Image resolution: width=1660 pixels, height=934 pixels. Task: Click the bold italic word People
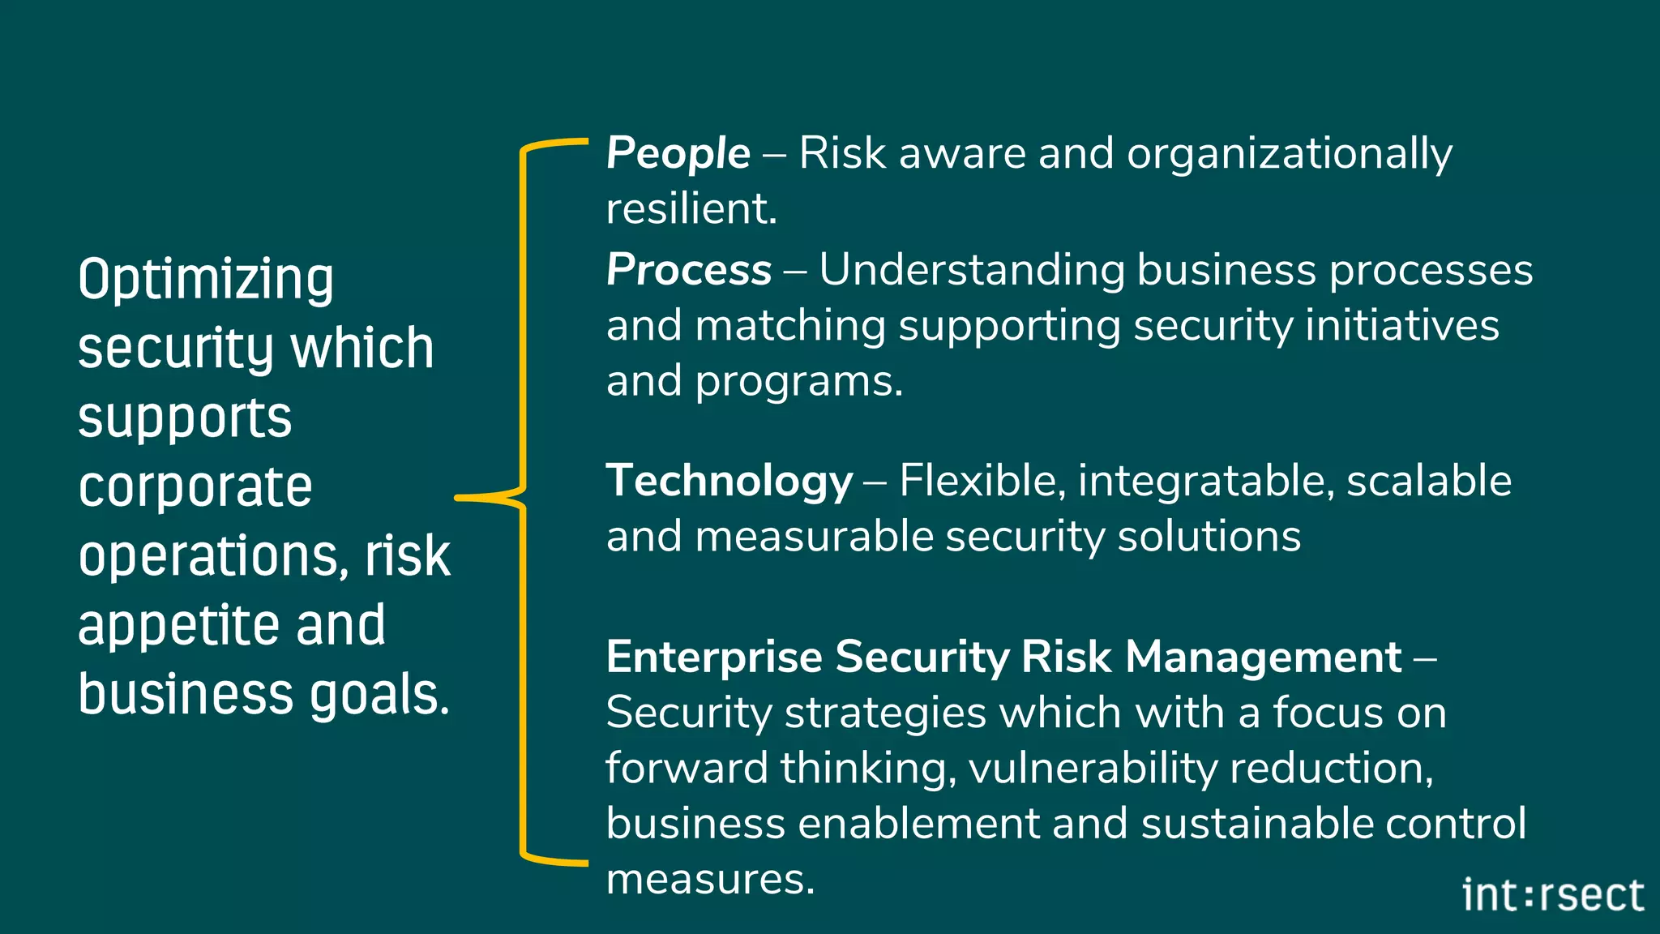pyautogui.click(x=678, y=153)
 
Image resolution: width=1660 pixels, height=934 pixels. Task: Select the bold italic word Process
pyautogui.click(x=688, y=270)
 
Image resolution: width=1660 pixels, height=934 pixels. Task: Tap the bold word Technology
pyautogui.click(x=729, y=481)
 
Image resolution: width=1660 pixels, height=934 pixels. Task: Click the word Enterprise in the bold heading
pyautogui.click(x=714, y=657)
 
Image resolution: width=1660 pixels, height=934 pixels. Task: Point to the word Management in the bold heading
pyautogui.click(x=1264, y=657)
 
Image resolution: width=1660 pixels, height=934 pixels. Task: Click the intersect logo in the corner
pyautogui.click(x=1552, y=896)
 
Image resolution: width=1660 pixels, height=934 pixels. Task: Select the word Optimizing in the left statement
pyautogui.click(x=206, y=279)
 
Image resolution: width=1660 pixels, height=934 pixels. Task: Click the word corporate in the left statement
pyautogui.click(x=195, y=487)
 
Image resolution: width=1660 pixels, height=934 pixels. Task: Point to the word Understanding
pyautogui.click(x=972, y=270)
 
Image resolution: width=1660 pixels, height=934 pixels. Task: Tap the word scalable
pyautogui.click(x=1428, y=481)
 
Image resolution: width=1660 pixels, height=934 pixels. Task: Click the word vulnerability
pyautogui.click(x=1093, y=768)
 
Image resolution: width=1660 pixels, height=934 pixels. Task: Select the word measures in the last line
pyautogui.click(x=709, y=879)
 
